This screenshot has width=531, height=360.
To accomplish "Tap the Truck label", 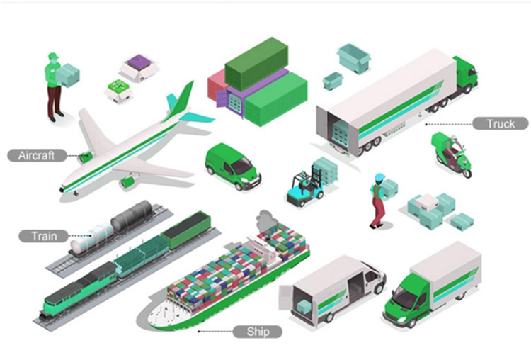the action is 501,124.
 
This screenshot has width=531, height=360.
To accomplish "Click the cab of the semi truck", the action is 464,74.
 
